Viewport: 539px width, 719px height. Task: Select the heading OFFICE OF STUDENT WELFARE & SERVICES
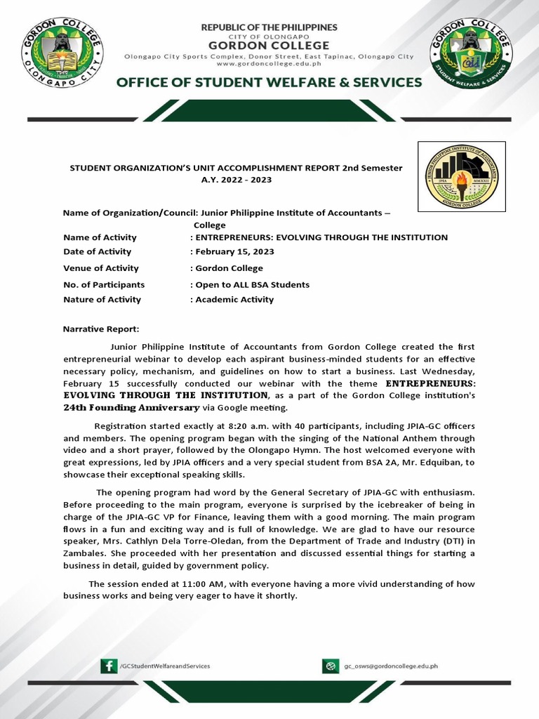269,82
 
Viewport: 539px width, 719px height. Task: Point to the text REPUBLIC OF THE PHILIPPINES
269,27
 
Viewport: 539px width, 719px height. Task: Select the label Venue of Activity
101,268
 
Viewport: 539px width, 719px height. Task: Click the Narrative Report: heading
101,329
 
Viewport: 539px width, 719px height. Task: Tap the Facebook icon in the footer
109,666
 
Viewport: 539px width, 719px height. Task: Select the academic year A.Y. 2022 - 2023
236,180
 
